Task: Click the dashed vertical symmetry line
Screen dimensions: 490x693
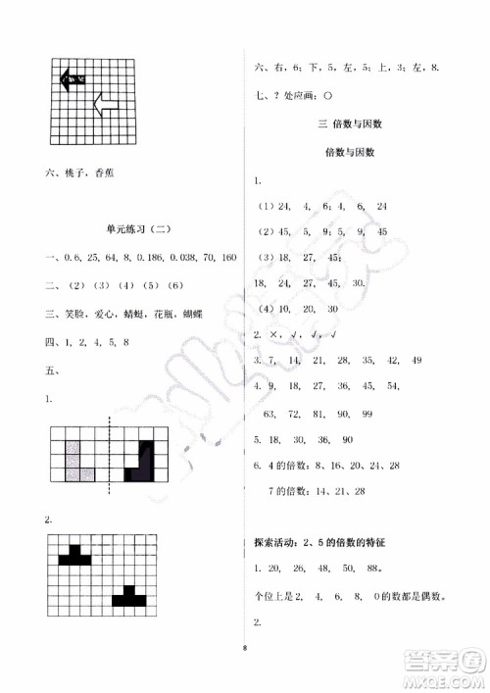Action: pos(109,450)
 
